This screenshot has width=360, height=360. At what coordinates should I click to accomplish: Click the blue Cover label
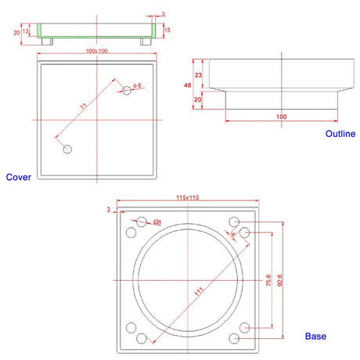[x=19, y=177]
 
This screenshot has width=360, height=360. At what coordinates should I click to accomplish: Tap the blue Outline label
[x=340, y=134]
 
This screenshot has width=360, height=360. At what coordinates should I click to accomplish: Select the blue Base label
[x=315, y=337]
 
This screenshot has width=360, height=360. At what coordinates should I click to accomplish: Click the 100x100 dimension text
[x=97, y=51]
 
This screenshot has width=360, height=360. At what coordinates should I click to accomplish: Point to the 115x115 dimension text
[x=188, y=197]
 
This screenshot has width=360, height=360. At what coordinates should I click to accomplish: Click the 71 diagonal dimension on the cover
[x=83, y=106]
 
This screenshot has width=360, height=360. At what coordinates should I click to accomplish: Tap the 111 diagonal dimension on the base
[x=199, y=291]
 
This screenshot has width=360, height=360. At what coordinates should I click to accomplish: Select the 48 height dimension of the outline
[x=188, y=85]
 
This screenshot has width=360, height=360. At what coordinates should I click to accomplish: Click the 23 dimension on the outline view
[x=198, y=75]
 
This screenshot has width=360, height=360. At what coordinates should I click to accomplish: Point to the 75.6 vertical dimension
[x=268, y=280]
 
